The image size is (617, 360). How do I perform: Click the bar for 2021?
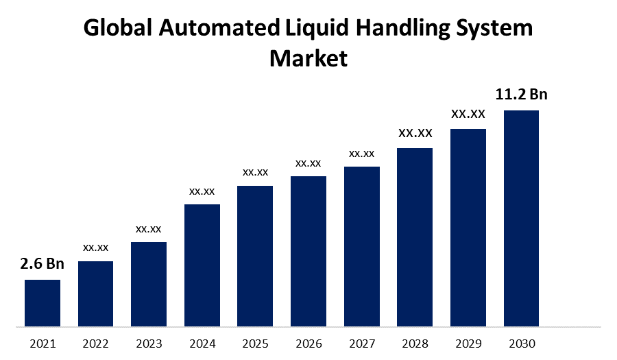point(43,302)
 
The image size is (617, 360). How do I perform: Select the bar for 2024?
point(202,265)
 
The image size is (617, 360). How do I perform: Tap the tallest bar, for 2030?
point(521,218)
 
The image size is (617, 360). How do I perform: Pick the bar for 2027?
point(361,246)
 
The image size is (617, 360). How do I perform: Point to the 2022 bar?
point(95,293)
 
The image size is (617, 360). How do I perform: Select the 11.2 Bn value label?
point(522,95)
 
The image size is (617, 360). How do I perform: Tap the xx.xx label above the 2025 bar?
point(255,172)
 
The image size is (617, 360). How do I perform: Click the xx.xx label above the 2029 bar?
point(468,114)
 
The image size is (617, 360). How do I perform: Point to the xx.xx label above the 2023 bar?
point(149,228)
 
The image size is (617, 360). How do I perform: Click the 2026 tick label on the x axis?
point(308,344)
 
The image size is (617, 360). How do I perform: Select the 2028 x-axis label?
point(415,344)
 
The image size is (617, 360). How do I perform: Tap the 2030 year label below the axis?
point(521,344)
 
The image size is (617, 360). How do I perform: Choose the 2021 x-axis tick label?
point(43,344)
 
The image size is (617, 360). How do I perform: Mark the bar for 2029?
point(468,228)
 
